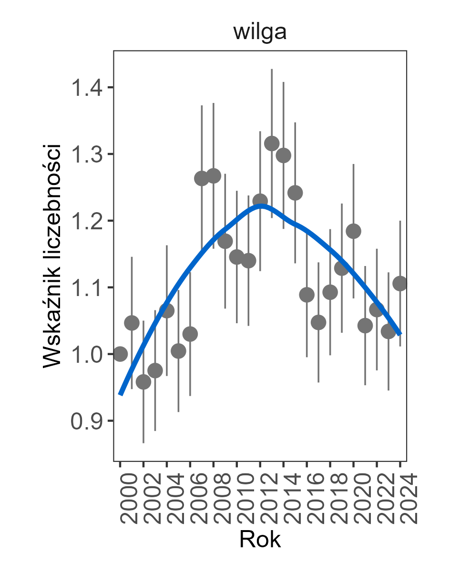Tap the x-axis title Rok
pos(260,540)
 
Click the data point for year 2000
pos(120,354)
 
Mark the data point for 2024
pos(400,284)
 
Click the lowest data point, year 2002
pos(143,382)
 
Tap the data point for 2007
pos(202,178)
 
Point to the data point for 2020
pos(353,231)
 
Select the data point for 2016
pos(307,295)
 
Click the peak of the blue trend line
pos(261,206)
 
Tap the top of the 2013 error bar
pos(272,70)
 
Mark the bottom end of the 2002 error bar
pos(143,442)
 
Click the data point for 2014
pos(284,155)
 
